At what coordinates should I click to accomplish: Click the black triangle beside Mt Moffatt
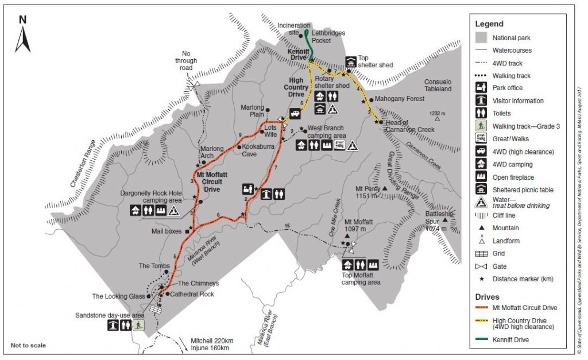click(x=349, y=234)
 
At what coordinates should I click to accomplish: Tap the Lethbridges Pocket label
click(x=328, y=33)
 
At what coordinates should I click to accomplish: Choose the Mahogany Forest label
click(x=399, y=99)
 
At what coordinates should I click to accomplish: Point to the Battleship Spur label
click(x=440, y=218)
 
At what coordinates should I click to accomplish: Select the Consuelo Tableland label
click(x=438, y=85)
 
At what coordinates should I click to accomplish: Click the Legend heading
click(x=489, y=24)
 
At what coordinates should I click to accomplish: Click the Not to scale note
click(x=28, y=346)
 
